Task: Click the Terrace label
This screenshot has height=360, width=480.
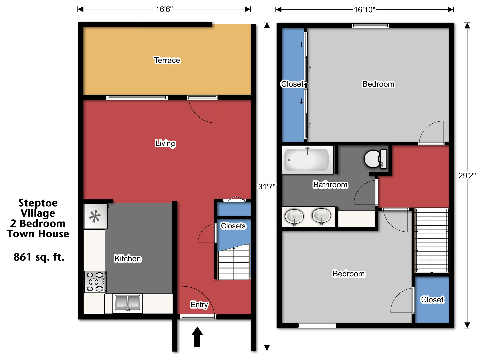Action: pyautogui.click(x=167, y=60)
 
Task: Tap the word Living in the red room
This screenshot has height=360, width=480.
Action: pyautogui.click(x=165, y=143)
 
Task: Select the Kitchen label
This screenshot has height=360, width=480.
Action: pyautogui.click(x=128, y=259)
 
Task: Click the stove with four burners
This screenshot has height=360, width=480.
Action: pyautogui.click(x=95, y=282)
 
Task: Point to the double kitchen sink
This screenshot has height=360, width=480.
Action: pyautogui.click(x=128, y=303)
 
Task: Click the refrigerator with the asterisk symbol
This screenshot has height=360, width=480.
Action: pyautogui.click(x=95, y=217)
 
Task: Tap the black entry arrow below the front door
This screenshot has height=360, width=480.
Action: pyautogui.click(x=197, y=337)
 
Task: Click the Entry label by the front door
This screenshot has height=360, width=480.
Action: pyautogui.click(x=199, y=304)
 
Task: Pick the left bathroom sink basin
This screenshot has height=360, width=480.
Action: pyautogui.click(x=294, y=216)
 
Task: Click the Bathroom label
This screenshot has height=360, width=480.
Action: pyautogui.click(x=330, y=185)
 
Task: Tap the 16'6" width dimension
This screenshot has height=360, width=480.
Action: pyautogui.click(x=164, y=9)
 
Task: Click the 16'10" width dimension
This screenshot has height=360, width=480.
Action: pyautogui.click(x=364, y=10)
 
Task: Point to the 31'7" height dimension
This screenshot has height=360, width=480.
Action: pyautogui.click(x=267, y=187)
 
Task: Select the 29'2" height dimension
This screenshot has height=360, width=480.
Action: pyautogui.click(x=467, y=176)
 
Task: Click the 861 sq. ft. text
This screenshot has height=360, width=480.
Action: pyautogui.click(x=39, y=257)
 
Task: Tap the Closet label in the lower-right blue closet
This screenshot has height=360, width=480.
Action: pyautogui.click(x=432, y=300)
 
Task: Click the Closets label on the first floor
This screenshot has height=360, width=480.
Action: pyautogui.click(x=233, y=226)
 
